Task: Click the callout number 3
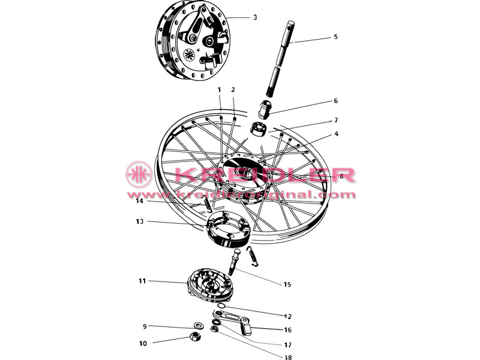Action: (256, 17)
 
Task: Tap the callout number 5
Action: (335, 37)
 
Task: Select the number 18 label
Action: (288, 356)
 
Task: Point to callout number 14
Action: (140, 201)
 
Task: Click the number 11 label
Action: (142, 281)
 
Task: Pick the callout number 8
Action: (341, 176)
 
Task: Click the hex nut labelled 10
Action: (195, 337)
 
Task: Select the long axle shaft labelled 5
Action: (280, 58)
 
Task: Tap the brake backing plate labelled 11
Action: (211, 285)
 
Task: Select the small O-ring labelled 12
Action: (221, 306)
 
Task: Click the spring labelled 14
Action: (207, 204)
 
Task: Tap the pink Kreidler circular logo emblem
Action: (139, 174)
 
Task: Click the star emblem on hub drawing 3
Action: (188, 55)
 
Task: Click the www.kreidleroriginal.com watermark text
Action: (242, 194)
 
